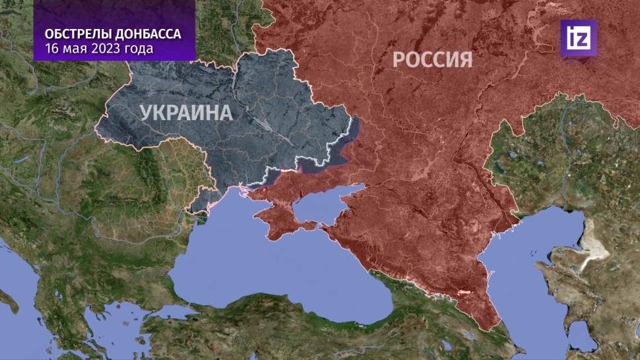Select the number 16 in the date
(52, 49)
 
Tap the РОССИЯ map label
(432, 59)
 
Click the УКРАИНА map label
(186, 112)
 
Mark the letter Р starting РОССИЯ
(399, 59)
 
